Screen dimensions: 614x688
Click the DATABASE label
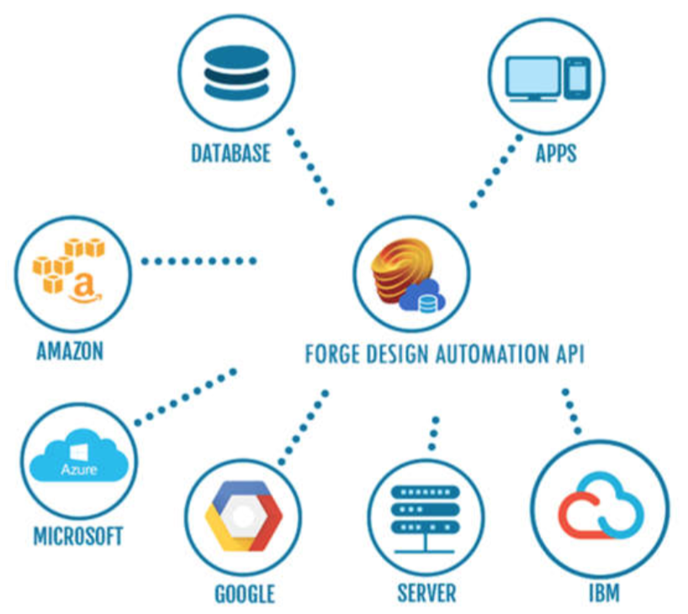pyautogui.click(x=230, y=153)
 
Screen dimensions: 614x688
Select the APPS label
pyautogui.click(x=556, y=153)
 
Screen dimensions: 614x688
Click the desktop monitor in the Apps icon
pyautogui.click(x=532, y=77)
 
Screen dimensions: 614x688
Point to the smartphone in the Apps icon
pyautogui.click(x=576, y=78)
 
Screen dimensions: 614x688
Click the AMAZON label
pyautogui.click(x=70, y=350)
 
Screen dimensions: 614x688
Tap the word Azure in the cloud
pyautogui.click(x=78, y=468)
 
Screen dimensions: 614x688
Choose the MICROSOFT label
pyautogui.click(x=78, y=535)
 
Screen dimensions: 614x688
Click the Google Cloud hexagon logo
pyautogui.click(x=244, y=515)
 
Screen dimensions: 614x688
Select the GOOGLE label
pyautogui.click(x=245, y=593)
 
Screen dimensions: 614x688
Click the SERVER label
pyautogui.click(x=426, y=593)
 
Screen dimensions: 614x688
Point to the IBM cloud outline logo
pyautogui.click(x=601, y=507)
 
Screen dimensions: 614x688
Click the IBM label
pyautogui.click(x=604, y=593)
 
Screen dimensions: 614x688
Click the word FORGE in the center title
pyautogui.click(x=336, y=353)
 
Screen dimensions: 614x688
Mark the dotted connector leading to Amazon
pyautogui.click(x=198, y=261)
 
